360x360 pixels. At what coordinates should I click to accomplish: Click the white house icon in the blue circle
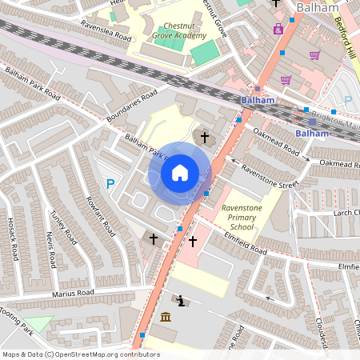click(x=180, y=172)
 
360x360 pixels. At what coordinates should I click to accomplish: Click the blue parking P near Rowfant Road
click(x=110, y=184)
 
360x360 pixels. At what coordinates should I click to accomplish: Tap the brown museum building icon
click(x=166, y=318)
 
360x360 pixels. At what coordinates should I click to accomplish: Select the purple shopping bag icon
click(x=278, y=29)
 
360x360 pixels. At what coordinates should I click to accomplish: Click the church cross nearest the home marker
click(x=204, y=138)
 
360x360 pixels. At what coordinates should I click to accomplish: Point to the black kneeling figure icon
click(x=182, y=302)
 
